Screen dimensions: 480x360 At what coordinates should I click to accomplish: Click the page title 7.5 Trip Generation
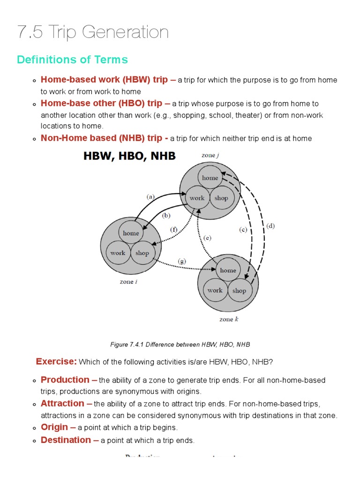pos(93,32)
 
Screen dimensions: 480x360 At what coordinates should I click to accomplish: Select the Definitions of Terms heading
pos(72,60)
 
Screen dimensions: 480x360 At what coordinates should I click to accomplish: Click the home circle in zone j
pos(210,178)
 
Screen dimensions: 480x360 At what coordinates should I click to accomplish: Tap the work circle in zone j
pos(197,198)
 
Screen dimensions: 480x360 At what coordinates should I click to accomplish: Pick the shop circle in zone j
pos(221,198)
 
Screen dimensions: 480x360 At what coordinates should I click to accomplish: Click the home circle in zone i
pos(131,233)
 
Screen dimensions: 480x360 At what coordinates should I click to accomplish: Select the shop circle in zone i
pos(142,253)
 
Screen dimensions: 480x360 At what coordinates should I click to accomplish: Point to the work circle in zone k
pos(215,290)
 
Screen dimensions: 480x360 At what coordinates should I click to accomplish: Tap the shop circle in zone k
pos(239,291)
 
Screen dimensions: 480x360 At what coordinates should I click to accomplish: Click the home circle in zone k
pos(228,270)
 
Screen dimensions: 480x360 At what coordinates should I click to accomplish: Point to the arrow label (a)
pos(150,197)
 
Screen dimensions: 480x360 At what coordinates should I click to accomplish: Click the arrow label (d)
pos(270,226)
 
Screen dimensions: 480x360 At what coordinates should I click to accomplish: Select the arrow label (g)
pos(182,261)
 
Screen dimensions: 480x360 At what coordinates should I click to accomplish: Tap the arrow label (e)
pos(207,238)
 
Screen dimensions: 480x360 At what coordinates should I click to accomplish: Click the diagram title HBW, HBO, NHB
pos(129,156)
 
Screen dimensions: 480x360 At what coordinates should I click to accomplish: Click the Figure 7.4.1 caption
pos(180,345)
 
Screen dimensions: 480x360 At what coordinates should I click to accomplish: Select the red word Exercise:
pos(56,361)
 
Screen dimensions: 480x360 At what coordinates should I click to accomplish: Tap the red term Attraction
pos(62,403)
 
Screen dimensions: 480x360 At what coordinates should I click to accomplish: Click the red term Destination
pos(66,440)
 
